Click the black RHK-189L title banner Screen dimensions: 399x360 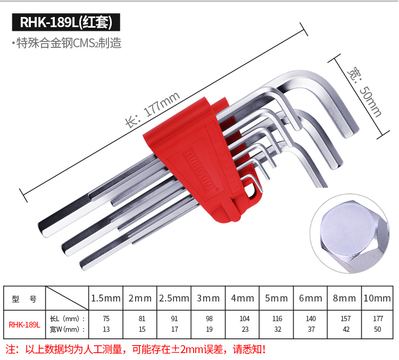[66, 22]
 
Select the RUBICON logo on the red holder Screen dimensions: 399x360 [199, 170]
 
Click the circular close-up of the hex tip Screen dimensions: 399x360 [350, 233]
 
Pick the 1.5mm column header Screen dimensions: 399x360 [106, 298]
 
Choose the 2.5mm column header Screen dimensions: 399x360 [174, 298]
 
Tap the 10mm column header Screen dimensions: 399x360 [377, 298]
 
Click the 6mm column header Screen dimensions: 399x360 [311, 298]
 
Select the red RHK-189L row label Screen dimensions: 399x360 [24, 324]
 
